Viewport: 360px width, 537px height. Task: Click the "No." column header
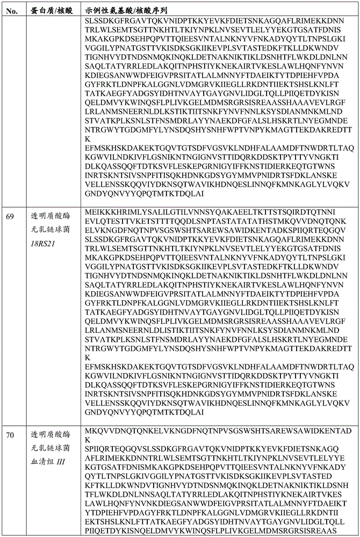(x=10, y=10)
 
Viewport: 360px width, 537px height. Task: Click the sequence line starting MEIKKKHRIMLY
(x=217, y=213)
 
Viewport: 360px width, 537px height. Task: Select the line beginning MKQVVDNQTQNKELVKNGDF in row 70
(x=218, y=431)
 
